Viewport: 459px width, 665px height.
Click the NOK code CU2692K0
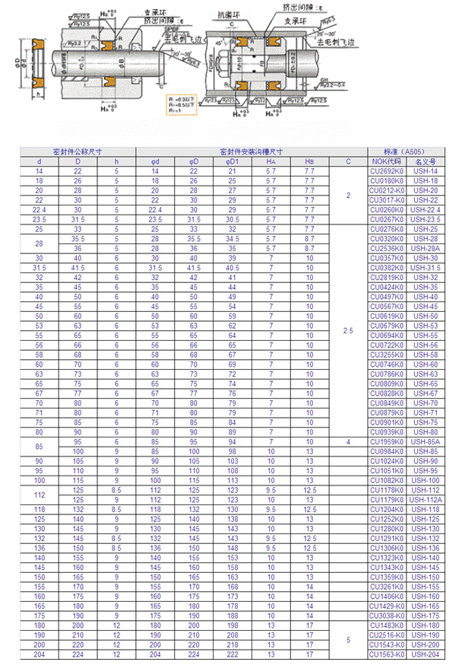coord(385,173)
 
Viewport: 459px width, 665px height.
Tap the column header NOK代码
coord(385,162)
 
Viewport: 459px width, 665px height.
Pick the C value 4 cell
coord(348,441)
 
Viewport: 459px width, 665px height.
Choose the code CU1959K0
coord(385,441)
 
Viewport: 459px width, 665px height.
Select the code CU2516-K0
coord(385,634)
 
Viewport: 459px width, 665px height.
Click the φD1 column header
coord(232,162)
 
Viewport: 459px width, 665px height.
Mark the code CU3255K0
coord(385,355)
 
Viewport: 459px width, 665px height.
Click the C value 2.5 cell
coord(348,330)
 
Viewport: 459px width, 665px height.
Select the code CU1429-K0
coord(385,606)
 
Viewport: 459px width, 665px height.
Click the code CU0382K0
coord(385,268)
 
